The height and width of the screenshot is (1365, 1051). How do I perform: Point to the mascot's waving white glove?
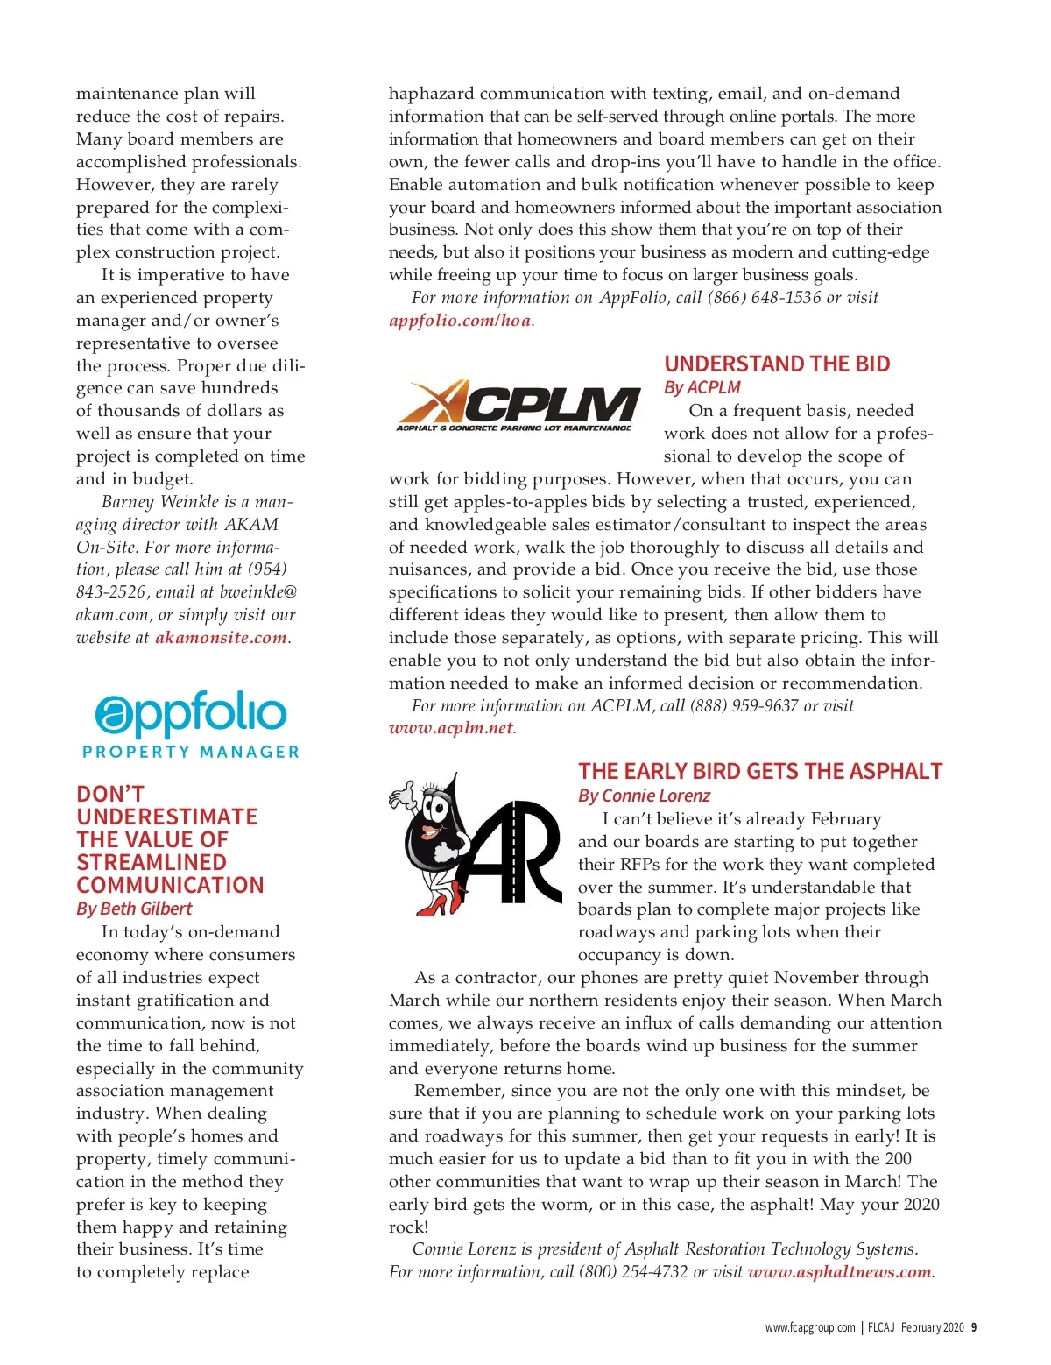[x=402, y=795]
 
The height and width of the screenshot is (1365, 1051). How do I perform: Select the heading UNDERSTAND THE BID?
[x=777, y=364]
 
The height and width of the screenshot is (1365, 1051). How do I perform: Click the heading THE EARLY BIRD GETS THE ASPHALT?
[x=759, y=771]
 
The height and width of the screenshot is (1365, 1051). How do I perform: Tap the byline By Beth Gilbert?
[x=134, y=909]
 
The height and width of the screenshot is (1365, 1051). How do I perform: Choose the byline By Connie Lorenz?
[x=644, y=796]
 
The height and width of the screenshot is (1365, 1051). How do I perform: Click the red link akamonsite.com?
[x=222, y=638]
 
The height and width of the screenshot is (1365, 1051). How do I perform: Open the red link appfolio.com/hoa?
[x=460, y=321]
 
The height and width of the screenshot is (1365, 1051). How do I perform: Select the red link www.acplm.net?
[x=450, y=728]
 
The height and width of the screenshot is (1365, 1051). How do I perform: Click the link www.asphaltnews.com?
[x=839, y=1272]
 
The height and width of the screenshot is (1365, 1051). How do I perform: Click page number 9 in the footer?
[x=974, y=1327]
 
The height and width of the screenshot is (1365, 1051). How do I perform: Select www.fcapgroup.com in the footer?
[x=809, y=1327]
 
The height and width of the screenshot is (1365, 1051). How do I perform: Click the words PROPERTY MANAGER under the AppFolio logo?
[x=190, y=752]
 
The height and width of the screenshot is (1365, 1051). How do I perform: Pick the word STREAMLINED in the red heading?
[x=151, y=862]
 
